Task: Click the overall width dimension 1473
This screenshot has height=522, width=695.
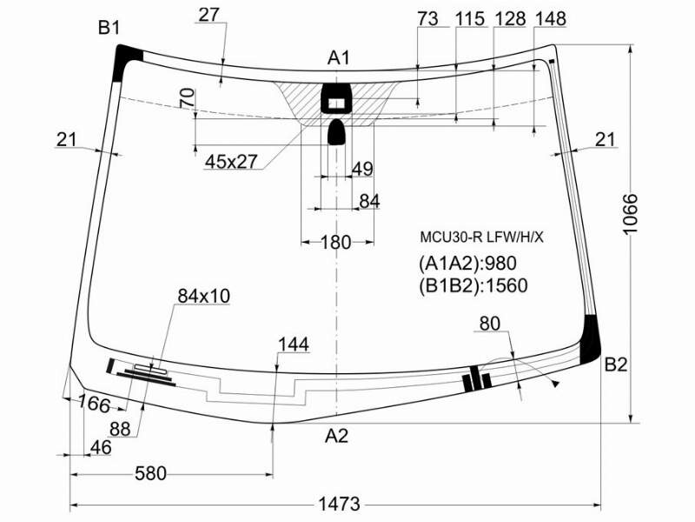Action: tap(339, 504)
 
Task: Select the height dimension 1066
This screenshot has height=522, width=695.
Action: tap(629, 213)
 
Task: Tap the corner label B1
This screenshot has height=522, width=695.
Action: tap(109, 28)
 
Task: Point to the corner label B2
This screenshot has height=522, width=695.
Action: tap(616, 365)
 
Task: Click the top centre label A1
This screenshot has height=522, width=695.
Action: tap(339, 57)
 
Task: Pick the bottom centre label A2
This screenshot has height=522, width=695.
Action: tap(336, 436)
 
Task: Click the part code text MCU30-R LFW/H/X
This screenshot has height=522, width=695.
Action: tap(481, 238)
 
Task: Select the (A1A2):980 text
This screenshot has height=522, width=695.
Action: tap(467, 264)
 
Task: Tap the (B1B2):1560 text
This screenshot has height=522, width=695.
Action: tap(473, 285)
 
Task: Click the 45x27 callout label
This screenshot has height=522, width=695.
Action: tap(231, 162)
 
